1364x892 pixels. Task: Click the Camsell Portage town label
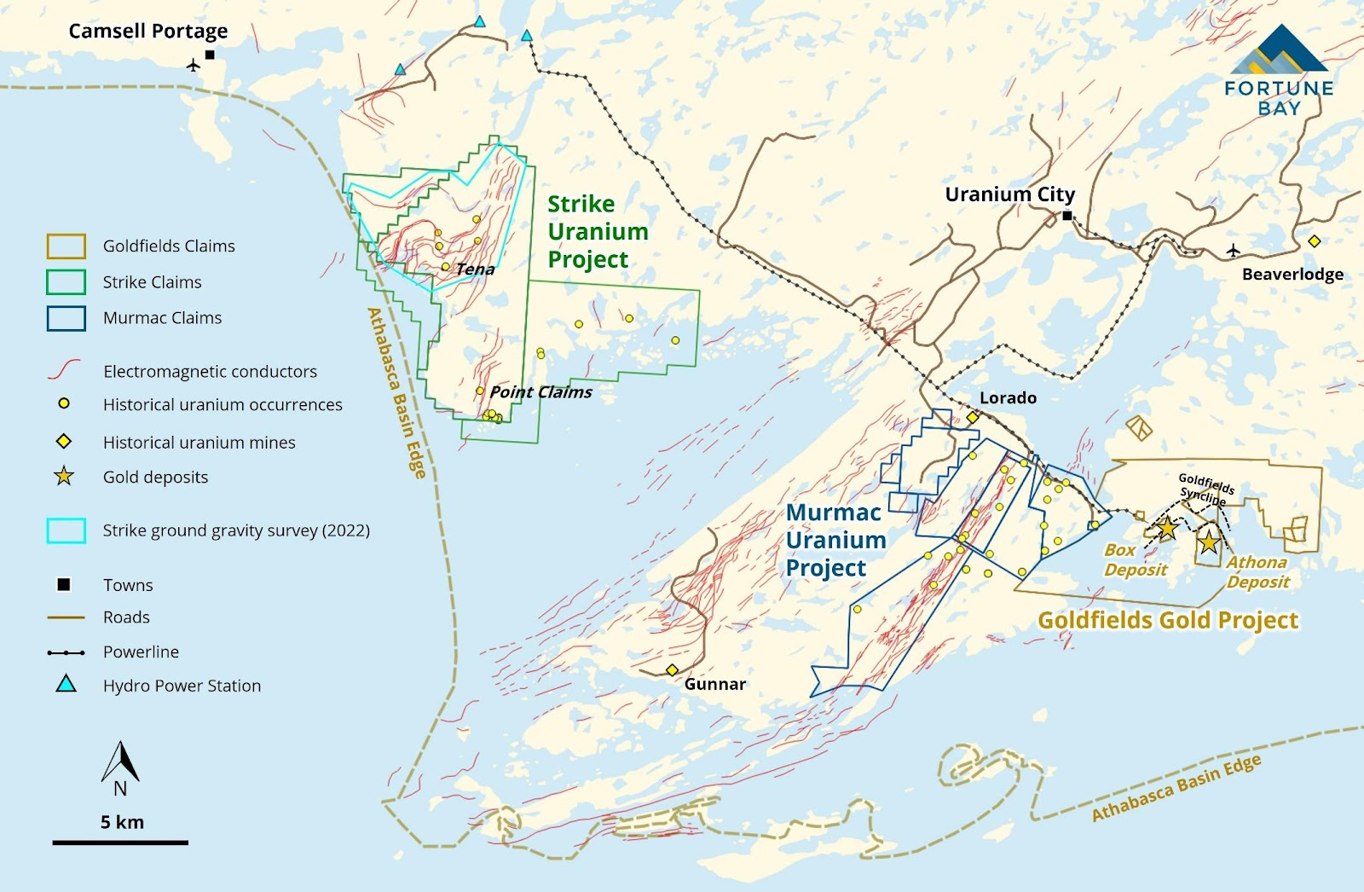pyautogui.click(x=147, y=32)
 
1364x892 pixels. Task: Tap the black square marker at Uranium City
pyautogui.click(x=1067, y=216)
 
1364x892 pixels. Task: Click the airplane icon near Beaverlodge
pyautogui.click(x=1233, y=250)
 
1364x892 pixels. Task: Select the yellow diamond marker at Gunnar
pyautogui.click(x=672, y=670)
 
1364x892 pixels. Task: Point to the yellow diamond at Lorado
pyautogui.click(x=972, y=417)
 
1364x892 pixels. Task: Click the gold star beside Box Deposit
pyautogui.click(x=1167, y=529)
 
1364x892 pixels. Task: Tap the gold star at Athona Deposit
pyautogui.click(x=1209, y=542)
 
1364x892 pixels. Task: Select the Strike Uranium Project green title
pyautogui.click(x=597, y=231)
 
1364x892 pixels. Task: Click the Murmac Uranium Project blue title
pyautogui.click(x=835, y=540)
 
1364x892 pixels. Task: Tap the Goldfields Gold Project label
pyautogui.click(x=1167, y=620)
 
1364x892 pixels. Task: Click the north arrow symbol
pyautogui.click(x=120, y=763)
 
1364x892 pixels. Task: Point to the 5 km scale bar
pyautogui.click(x=120, y=843)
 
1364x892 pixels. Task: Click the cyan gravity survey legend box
pyautogui.click(x=66, y=530)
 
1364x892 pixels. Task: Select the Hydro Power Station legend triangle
pyautogui.click(x=66, y=684)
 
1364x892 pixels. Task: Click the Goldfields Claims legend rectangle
pyautogui.click(x=66, y=246)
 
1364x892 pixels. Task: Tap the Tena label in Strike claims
pyautogui.click(x=475, y=269)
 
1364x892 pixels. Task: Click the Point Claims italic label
pyautogui.click(x=540, y=392)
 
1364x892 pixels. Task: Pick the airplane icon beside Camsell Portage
pyautogui.click(x=194, y=65)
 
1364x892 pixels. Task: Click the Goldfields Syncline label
pyautogui.click(x=1205, y=489)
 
